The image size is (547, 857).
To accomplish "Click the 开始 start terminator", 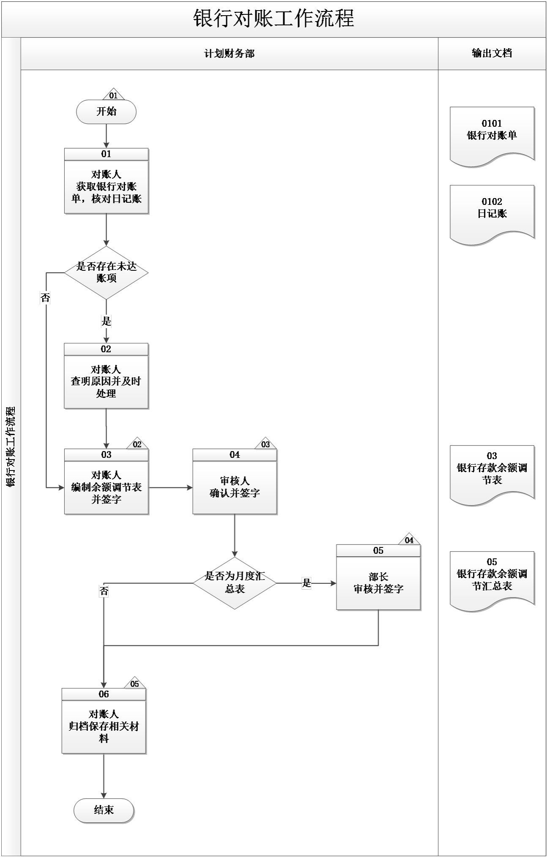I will (106, 112).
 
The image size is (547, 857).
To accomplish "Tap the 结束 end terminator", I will (104, 810).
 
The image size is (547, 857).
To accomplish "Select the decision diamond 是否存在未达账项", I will (106, 273).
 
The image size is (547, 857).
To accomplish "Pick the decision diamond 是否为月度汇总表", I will (235, 583).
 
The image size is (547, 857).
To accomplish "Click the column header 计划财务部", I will (230, 54).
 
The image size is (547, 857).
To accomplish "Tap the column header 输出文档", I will (492, 53).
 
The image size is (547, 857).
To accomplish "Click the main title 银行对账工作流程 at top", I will (273, 19).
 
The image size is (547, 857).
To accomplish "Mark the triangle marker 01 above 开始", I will (113, 95).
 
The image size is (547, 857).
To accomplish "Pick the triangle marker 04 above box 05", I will (409, 540).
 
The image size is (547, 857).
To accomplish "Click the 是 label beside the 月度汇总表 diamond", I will (306, 583).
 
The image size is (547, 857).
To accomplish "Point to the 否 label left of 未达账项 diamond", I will (45, 298).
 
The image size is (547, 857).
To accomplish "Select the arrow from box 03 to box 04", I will (171, 487).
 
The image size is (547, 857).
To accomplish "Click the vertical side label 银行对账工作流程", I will (11, 446).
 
